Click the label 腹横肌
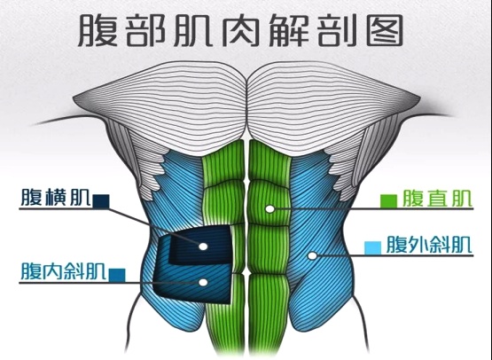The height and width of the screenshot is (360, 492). click(x=56, y=198)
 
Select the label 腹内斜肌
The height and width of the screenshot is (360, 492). click(x=63, y=270)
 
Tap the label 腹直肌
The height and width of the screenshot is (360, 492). click(x=437, y=198)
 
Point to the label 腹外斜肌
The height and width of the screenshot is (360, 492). click(x=429, y=244)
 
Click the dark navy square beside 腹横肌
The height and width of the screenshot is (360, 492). click(x=101, y=201)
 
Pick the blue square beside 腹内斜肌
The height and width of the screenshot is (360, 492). click(x=117, y=275)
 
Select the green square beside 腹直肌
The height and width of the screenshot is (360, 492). click(x=388, y=201)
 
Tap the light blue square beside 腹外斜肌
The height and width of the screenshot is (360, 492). click(x=372, y=247)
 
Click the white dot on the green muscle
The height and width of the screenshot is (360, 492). click(x=269, y=208)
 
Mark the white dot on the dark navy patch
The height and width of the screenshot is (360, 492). click(x=203, y=247)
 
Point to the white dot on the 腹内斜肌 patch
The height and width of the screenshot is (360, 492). click(x=203, y=283)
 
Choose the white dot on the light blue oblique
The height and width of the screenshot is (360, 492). click(x=312, y=255)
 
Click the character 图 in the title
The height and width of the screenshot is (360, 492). click(x=385, y=31)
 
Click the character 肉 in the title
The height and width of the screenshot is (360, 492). click(x=241, y=31)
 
